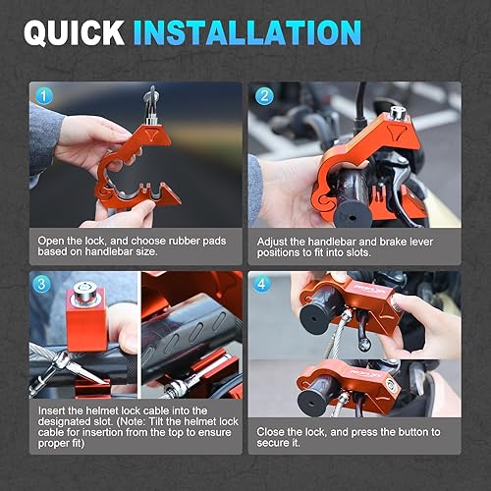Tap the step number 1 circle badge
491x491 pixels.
coord(42,96)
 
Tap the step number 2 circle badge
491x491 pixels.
coord(264,96)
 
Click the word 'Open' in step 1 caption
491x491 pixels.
coord(53,240)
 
